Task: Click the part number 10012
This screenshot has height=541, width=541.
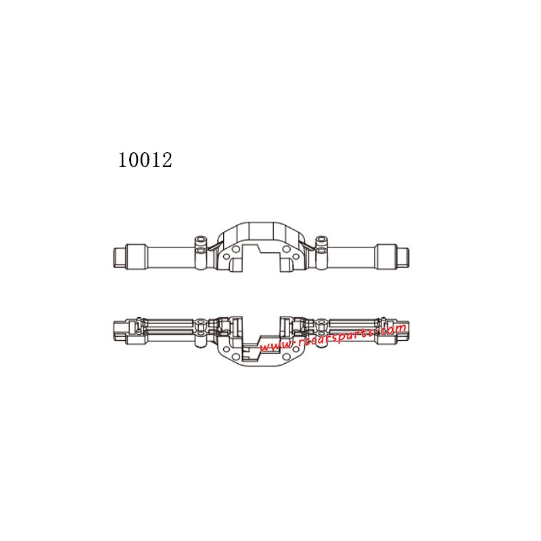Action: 145,160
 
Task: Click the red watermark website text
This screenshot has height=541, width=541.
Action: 333,338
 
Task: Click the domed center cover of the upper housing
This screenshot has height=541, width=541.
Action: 261,233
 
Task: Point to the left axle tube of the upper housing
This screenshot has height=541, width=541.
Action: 169,257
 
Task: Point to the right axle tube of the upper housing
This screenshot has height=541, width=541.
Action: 352,257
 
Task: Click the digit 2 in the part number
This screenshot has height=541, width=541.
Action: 166,160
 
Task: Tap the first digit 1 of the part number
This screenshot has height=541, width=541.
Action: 123,160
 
